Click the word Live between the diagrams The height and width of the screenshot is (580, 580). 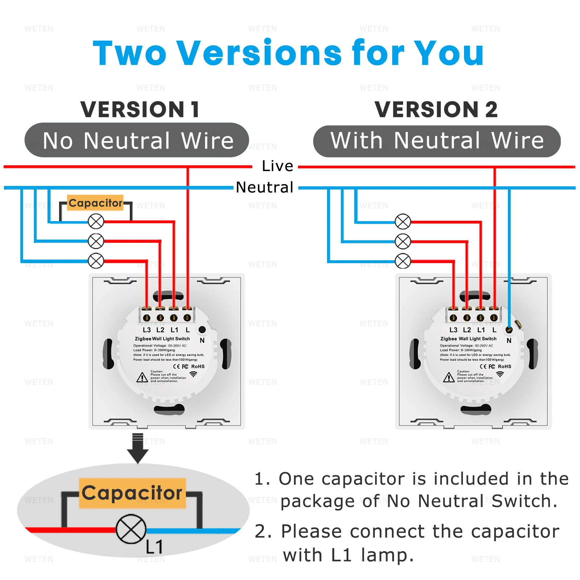coord(277,166)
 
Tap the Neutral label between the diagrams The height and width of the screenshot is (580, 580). coord(265,187)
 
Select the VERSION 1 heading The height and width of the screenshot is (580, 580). coord(140,109)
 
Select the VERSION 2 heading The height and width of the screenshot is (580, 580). coord(436,109)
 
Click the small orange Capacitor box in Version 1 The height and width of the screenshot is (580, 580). coord(95,203)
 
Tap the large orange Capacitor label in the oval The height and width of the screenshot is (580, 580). coord(132,493)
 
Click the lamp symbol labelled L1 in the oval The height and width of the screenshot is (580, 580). coord(131,529)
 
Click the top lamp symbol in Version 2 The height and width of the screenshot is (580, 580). coord(403,222)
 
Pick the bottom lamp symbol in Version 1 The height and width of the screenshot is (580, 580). coord(96,261)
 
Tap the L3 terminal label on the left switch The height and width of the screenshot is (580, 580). coord(146,330)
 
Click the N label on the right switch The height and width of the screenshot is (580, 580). coord(509,340)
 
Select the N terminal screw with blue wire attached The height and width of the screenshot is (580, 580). coord(509,330)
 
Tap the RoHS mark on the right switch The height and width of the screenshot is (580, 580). coord(505,366)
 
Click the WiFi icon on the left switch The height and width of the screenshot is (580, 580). coord(194,374)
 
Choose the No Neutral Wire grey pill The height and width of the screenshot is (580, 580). coord(137,140)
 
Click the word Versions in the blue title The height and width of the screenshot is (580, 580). coord(259,53)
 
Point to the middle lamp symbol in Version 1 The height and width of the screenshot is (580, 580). coord(96,241)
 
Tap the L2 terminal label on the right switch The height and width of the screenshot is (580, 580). coord(467,330)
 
